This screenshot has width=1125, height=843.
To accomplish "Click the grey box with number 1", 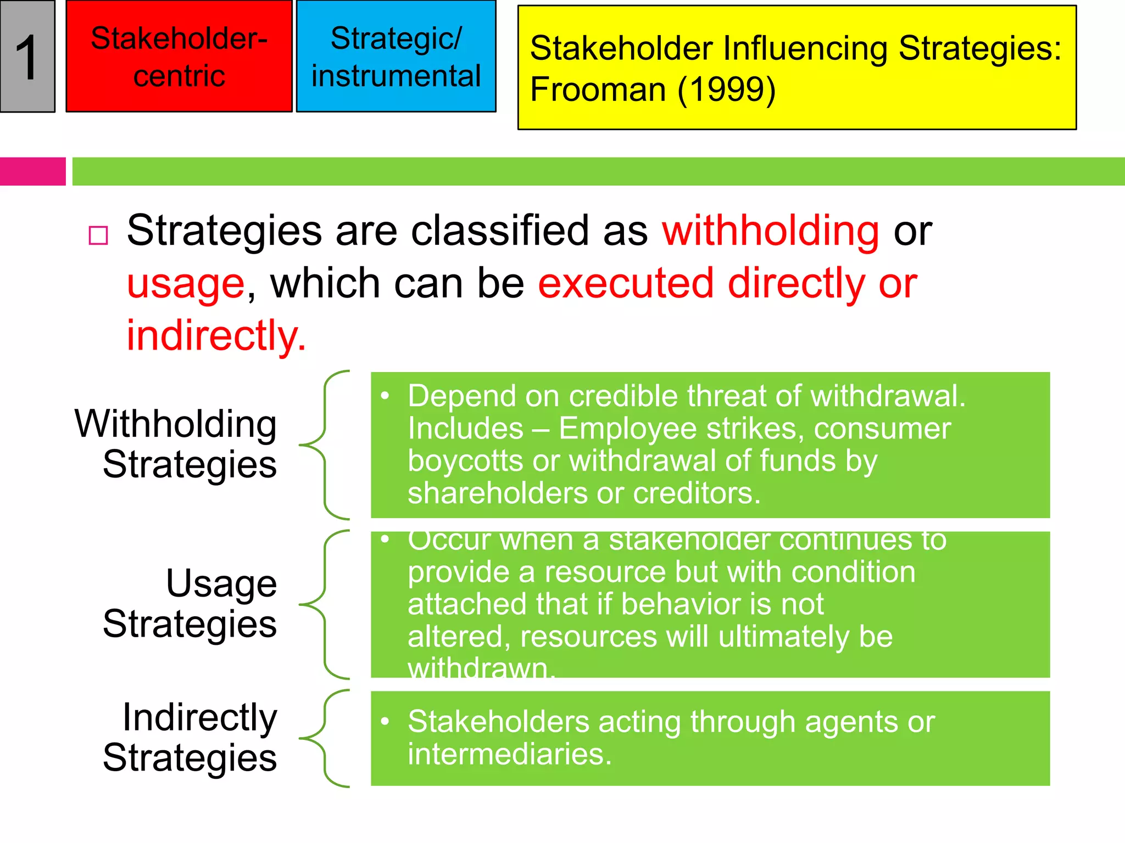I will click(27, 57).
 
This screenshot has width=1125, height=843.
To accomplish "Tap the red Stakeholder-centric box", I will click(179, 57).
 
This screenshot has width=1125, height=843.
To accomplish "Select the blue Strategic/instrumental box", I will click(396, 57).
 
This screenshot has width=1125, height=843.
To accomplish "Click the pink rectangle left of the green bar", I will click(32, 171).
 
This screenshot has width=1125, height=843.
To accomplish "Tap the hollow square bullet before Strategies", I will click(98, 235).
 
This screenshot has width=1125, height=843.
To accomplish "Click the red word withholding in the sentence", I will click(770, 231).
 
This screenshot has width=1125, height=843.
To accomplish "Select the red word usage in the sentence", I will click(186, 284).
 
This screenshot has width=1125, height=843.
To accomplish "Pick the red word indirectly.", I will click(216, 335).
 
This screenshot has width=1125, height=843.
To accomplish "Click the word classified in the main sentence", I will click(500, 231).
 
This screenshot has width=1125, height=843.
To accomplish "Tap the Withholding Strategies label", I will click(176, 444).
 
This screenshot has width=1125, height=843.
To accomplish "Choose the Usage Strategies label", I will click(190, 603).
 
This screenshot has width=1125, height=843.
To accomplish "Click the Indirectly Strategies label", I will click(190, 737).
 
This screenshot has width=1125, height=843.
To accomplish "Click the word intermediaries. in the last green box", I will click(509, 754).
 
